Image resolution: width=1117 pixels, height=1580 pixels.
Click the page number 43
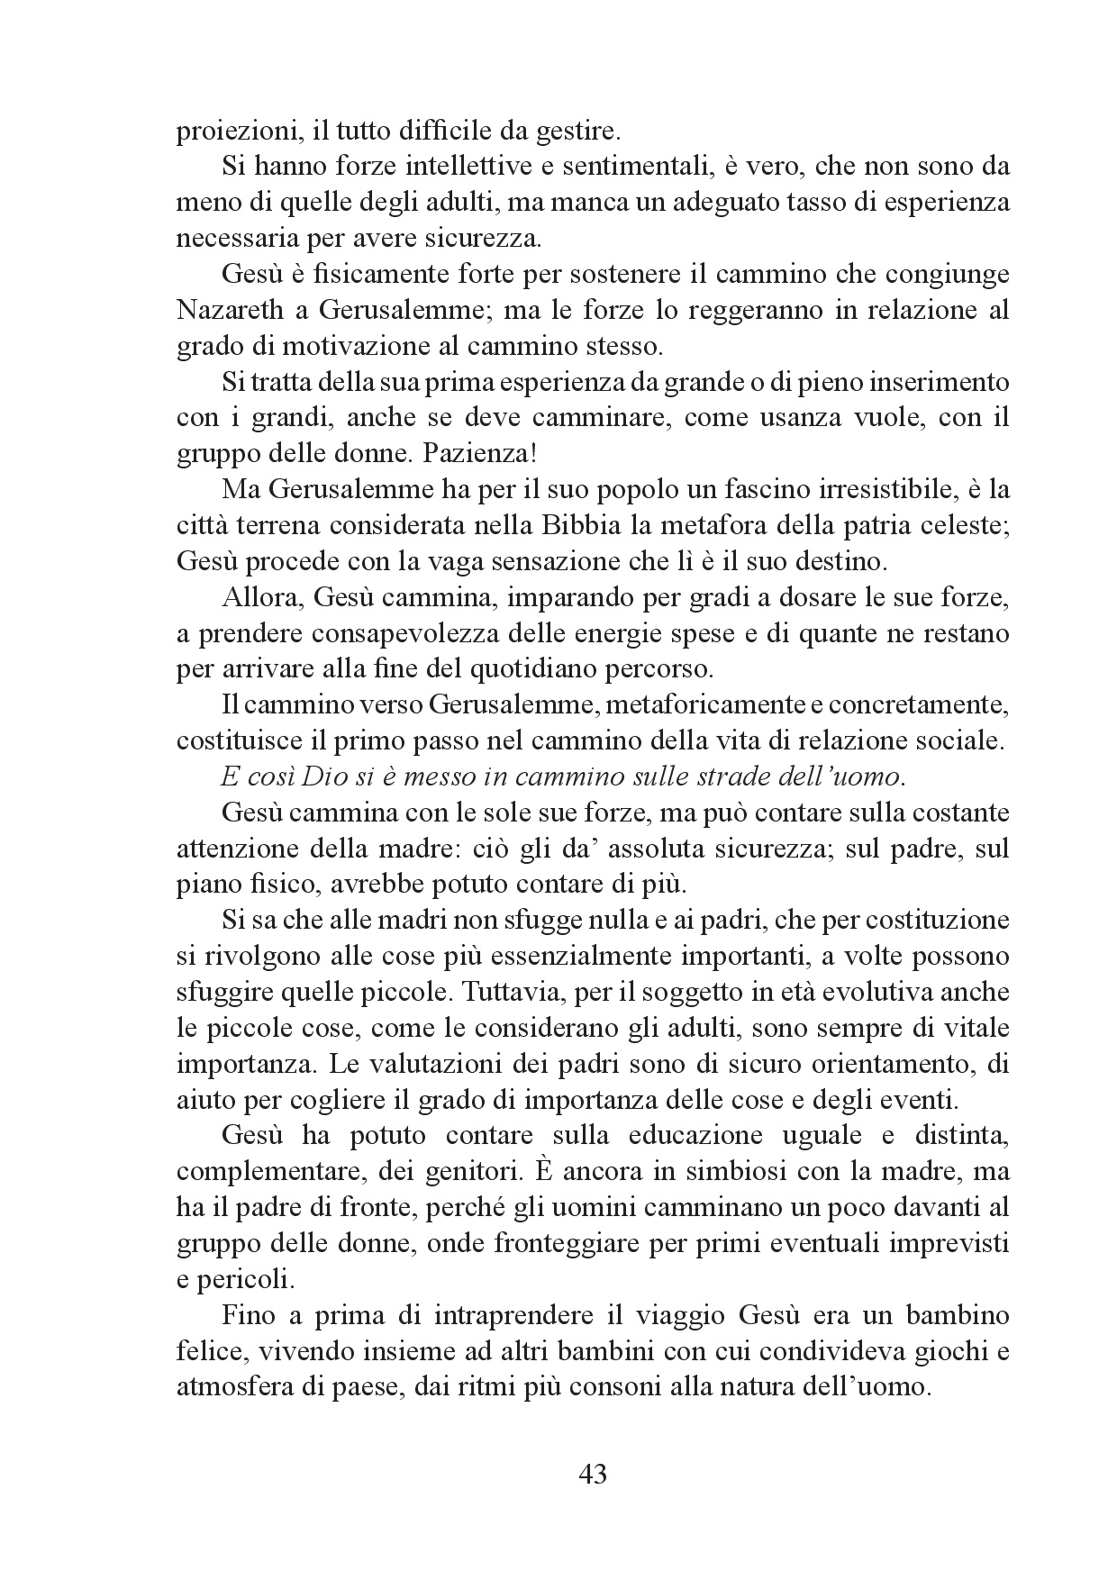click(x=591, y=1475)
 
